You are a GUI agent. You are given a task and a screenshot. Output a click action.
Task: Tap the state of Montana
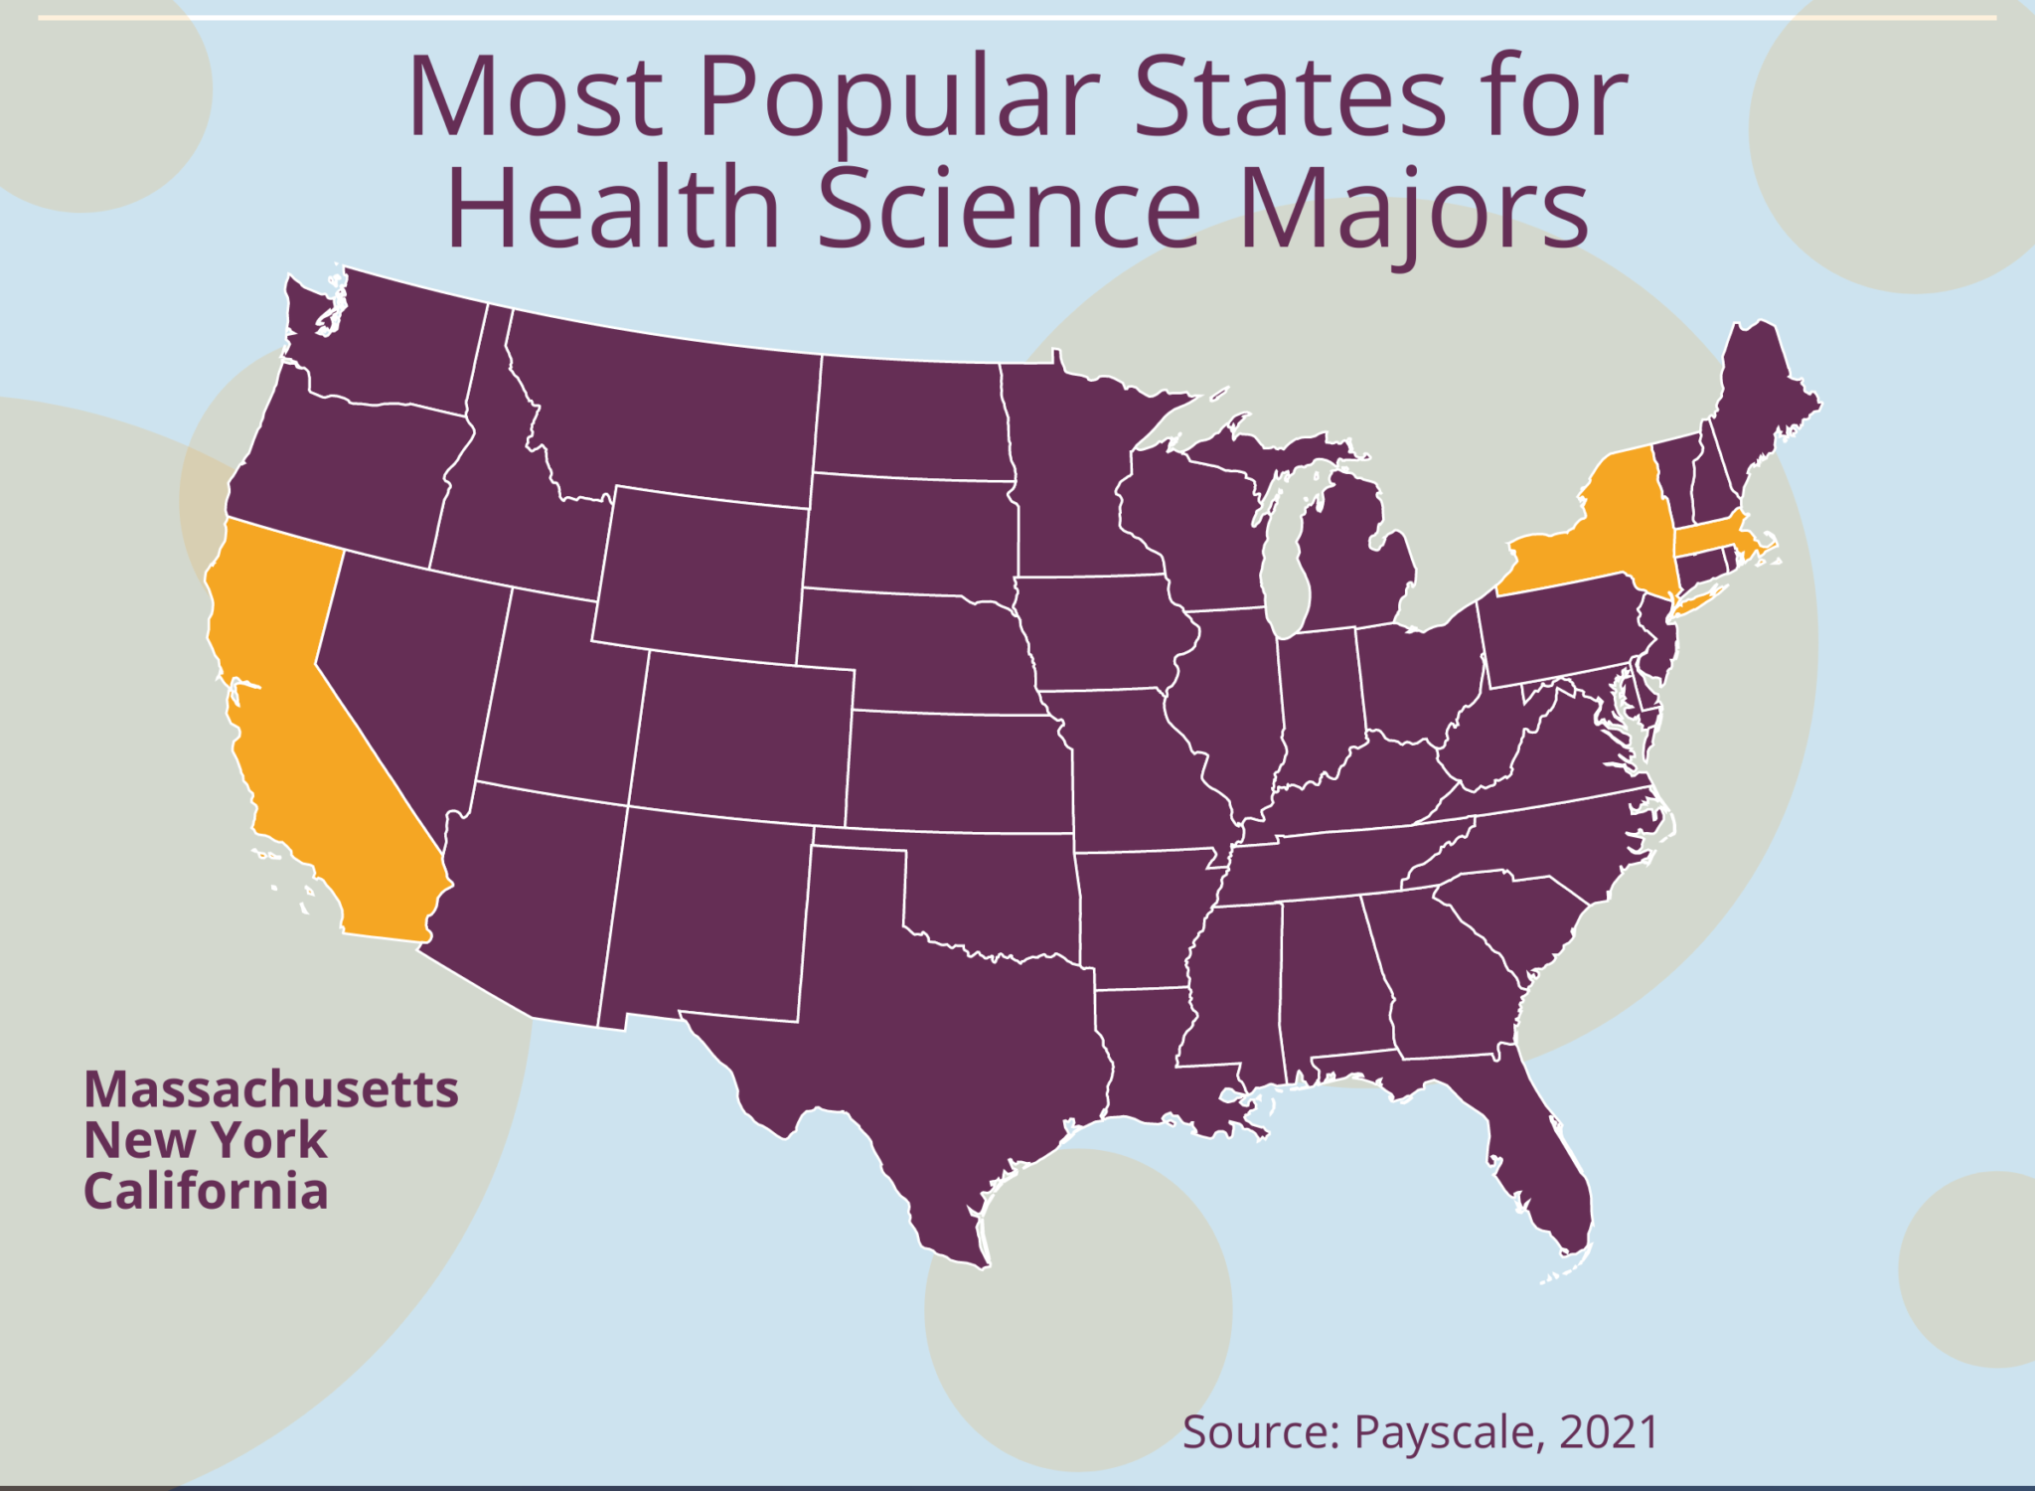pyautogui.click(x=666, y=408)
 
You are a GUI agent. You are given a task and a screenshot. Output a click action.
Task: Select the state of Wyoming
pyautogui.click(x=701, y=572)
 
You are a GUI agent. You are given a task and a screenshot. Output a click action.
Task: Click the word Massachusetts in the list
pyautogui.click(x=271, y=1089)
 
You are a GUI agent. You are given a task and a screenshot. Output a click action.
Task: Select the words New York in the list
pyautogui.click(x=206, y=1140)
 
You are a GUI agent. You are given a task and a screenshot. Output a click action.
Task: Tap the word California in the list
pyautogui.click(x=206, y=1191)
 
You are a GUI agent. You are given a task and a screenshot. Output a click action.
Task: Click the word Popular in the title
pyautogui.click(x=899, y=99)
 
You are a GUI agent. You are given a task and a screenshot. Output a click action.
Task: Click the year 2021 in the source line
pyautogui.click(x=1610, y=1432)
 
